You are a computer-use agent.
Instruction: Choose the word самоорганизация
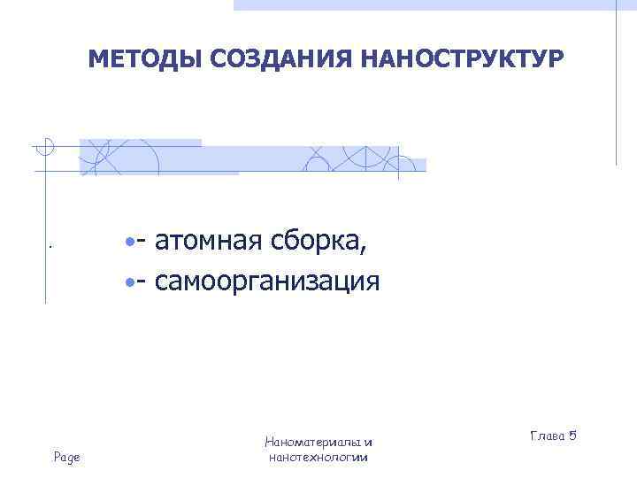click(267, 282)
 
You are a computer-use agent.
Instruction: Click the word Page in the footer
click(67, 457)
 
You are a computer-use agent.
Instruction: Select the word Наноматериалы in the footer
click(313, 442)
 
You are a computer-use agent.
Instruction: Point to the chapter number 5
click(572, 436)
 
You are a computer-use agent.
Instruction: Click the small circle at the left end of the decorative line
click(47, 145)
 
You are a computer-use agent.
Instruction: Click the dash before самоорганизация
click(142, 284)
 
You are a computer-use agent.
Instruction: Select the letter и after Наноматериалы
click(368, 443)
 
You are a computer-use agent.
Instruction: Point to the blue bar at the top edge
click(425, 4)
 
